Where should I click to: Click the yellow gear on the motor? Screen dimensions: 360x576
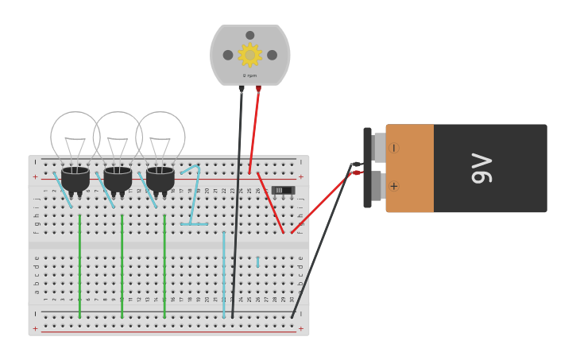249,55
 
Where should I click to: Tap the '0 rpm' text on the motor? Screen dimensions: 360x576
249,75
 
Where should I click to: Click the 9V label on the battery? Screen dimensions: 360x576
481,168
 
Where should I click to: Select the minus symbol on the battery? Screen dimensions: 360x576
393,148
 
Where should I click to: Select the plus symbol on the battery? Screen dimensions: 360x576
393,186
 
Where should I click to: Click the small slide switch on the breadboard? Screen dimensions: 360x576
283,190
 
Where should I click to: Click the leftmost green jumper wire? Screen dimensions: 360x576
79,266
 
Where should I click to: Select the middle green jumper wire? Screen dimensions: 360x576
122,266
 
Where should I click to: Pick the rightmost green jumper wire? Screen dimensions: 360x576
164,266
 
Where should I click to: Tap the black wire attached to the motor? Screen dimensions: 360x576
238,199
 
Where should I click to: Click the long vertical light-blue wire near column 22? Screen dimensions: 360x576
224,274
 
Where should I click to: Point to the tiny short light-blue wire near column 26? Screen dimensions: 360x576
257,261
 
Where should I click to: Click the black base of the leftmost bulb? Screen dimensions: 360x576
75,180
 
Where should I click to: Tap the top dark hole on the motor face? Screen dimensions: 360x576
250,35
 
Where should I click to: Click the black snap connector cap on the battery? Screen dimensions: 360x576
367,168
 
